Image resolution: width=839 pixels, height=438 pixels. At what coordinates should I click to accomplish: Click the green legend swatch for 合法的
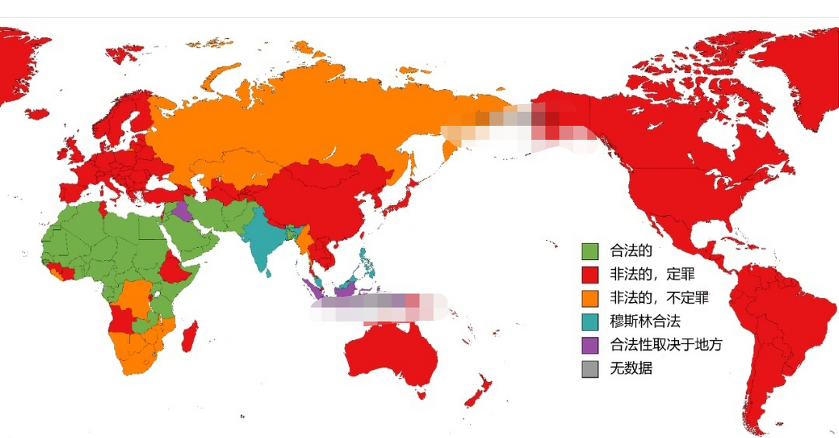(x=590, y=251)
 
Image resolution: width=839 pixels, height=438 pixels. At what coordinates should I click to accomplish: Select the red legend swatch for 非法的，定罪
(x=590, y=275)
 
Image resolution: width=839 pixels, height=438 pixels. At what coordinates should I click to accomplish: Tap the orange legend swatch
(x=590, y=298)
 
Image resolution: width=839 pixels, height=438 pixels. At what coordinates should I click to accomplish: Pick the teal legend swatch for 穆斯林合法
(x=590, y=322)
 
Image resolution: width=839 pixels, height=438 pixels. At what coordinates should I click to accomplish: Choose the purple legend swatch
(x=590, y=345)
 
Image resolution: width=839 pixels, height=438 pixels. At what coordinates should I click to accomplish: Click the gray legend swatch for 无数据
(x=590, y=369)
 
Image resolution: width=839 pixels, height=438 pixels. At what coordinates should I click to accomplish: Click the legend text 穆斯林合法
(x=645, y=321)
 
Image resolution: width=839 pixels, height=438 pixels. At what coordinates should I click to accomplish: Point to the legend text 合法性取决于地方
(x=666, y=345)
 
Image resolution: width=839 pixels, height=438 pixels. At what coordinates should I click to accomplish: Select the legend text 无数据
(x=631, y=369)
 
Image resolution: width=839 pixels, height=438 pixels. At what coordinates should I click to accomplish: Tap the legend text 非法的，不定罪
(x=659, y=298)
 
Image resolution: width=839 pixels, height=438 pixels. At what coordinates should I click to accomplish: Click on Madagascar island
(x=190, y=337)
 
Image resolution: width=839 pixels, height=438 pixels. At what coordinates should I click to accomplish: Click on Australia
(x=390, y=352)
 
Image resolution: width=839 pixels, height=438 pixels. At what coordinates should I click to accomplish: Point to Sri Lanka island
(x=269, y=273)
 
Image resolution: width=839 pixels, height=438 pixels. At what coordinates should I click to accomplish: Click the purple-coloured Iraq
(x=182, y=212)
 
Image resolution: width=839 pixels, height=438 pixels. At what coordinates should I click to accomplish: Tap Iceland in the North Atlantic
(x=37, y=113)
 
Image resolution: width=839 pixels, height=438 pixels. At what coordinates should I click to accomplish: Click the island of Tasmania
(x=421, y=395)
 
